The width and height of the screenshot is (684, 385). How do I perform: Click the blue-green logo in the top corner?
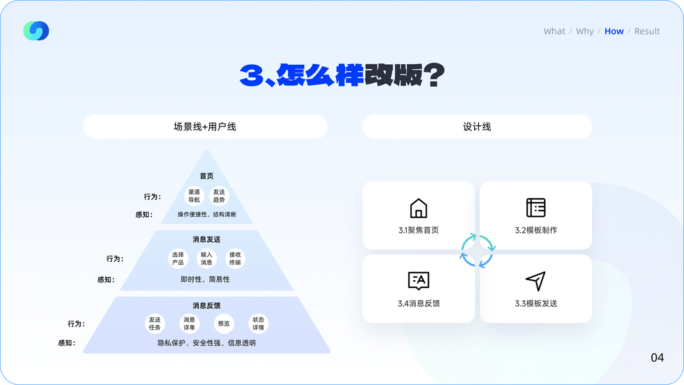click(x=36, y=31)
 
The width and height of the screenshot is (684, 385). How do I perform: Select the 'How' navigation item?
click(x=614, y=31)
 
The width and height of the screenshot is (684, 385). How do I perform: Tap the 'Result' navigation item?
click(x=647, y=31)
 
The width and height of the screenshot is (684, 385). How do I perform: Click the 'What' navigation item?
click(x=554, y=31)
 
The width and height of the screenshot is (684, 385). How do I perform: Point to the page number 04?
click(x=657, y=357)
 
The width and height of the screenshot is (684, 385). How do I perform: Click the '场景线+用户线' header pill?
click(x=205, y=126)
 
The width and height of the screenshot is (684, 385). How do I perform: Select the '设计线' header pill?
click(x=477, y=126)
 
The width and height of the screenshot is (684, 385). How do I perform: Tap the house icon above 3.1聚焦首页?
click(x=418, y=208)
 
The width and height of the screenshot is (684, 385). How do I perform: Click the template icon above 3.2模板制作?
click(x=536, y=208)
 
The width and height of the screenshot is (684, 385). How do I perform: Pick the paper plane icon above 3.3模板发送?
click(x=536, y=281)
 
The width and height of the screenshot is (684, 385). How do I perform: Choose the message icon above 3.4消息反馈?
click(x=418, y=281)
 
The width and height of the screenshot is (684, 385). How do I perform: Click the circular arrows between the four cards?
click(x=477, y=250)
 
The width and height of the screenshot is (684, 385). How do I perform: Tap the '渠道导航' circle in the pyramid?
click(x=194, y=196)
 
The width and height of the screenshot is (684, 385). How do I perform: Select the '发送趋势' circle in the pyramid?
click(x=219, y=196)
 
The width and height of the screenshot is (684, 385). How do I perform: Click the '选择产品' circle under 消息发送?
click(x=178, y=259)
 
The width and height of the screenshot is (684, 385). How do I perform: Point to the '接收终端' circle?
click(x=235, y=259)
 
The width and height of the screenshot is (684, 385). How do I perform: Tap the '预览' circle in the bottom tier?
click(x=223, y=323)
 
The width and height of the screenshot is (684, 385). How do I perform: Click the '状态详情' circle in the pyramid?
click(x=258, y=323)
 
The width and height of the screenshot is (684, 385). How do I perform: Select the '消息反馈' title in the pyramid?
click(x=207, y=305)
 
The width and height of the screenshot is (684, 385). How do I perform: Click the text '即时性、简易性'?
click(x=205, y=279)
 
